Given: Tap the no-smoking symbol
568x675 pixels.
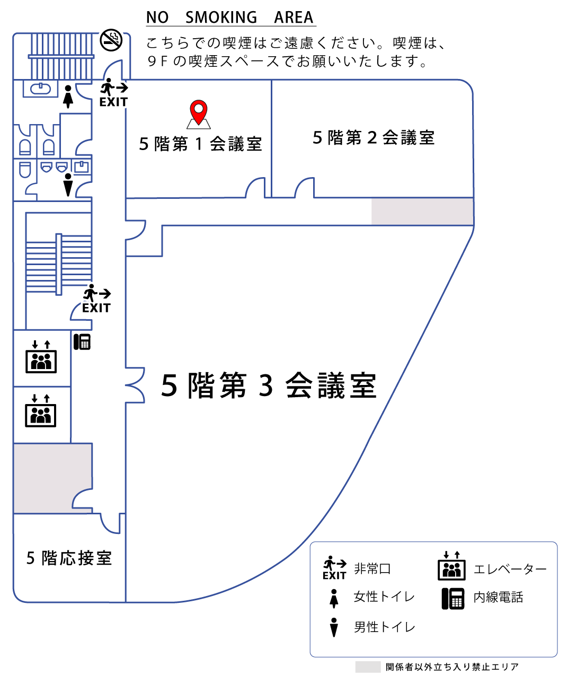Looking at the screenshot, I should [111, 40].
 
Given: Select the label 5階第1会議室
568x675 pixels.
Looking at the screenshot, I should [200, 144].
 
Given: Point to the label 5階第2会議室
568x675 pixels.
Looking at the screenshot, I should [374, 138].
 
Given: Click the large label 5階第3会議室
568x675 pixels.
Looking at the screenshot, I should [269, 385].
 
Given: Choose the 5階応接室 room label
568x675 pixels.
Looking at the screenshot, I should [69, 558].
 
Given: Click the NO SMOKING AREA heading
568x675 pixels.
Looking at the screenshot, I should [230, 17].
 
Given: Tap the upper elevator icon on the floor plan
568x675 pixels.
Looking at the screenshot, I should [41, 357].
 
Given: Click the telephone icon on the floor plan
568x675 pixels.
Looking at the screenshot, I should [82, 341].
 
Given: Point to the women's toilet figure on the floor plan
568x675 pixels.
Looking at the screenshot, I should [67, 96].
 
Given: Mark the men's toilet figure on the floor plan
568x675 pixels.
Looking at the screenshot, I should [68, 184].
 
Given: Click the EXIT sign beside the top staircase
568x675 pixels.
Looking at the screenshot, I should [113, 93].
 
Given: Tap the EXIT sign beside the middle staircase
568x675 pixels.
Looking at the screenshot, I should [96, 300].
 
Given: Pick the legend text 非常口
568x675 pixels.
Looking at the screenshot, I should [372, 569].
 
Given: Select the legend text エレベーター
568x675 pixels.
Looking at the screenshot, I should [510, 569].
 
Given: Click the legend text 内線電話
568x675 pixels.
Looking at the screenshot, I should [498, 598].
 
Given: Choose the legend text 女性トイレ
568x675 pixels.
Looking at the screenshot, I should [384, 597].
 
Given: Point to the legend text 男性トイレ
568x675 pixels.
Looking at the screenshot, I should [384, 627].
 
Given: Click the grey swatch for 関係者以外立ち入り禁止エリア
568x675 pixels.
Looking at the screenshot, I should [368, 667].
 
